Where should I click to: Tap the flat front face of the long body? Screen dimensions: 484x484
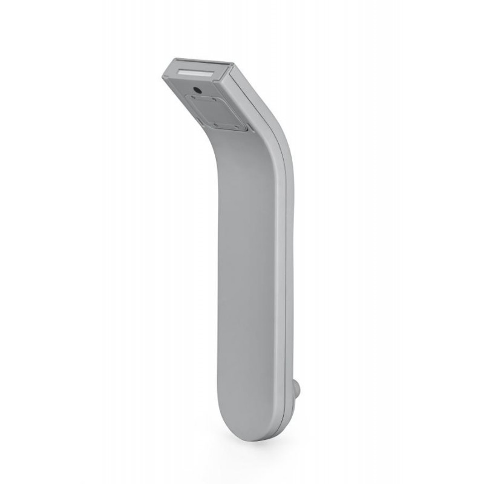tap(248, 272)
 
